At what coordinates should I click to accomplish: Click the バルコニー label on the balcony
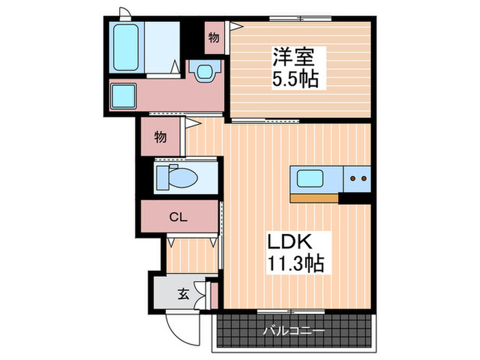[x=294, y=331]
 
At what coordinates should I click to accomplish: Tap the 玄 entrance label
[x=183, y=295]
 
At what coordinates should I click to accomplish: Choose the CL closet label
[x=178, y=217]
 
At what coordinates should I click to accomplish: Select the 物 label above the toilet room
[x=160, y=136]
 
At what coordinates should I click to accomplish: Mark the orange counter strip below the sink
[x=314, y=198]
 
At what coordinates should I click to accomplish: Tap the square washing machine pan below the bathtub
[x=123, y=95]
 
